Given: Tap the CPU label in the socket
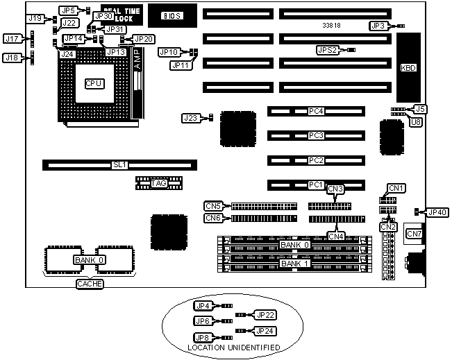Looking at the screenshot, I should [x=94, y=83].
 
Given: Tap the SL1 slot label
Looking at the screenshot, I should [x=120, y=165].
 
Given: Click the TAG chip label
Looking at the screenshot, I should [x=159, y=183].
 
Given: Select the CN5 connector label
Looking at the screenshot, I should [x=213, y=205].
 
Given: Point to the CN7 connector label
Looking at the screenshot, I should [x=414, y=234].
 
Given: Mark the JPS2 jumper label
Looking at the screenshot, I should [x=327, y=50].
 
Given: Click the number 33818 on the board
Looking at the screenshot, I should [x=332, y=25].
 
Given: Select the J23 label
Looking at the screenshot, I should [x=190, y=118].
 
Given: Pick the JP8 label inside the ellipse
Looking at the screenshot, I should [x=203, y=337].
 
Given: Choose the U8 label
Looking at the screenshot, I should [x=416, y=121].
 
